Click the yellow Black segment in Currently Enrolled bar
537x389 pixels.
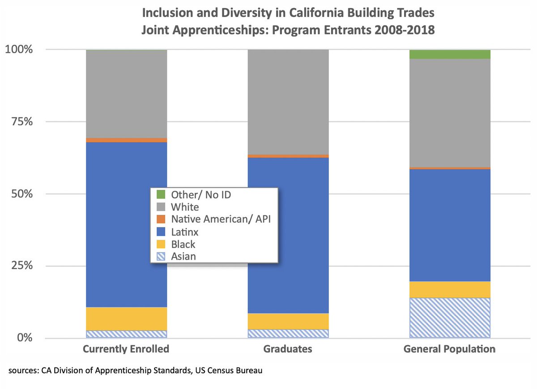coord(126,318)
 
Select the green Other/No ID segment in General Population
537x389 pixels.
coord(450,54)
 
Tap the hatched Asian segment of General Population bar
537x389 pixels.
coord(450,317)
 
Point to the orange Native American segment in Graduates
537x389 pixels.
coord(288,156)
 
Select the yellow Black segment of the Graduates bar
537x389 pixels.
coord(288,321)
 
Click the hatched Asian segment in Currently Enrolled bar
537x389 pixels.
coord(126,334)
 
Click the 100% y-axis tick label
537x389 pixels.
coord(19,49)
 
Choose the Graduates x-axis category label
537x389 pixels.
coord(288,349)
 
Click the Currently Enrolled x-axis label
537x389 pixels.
coord(126,349)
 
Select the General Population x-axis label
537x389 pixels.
coord(450,349)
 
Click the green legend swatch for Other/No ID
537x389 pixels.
coord(162,195)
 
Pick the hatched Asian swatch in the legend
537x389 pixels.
coord(162,256)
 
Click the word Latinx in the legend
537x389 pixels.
coord(185,232)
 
